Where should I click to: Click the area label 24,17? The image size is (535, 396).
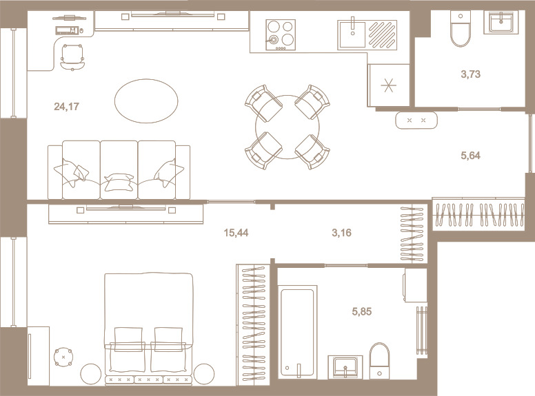click(67, 107)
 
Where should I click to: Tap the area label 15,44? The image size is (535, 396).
click(236, 233)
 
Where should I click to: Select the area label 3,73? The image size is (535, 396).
click(470, 74)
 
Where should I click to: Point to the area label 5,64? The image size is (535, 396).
click(470, 156)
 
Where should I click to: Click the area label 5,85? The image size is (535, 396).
click(362, 311)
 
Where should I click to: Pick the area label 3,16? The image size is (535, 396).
click(341, 233)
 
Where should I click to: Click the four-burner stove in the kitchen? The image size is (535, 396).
click(281, 35)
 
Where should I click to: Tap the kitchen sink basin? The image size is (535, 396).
click(352, 34)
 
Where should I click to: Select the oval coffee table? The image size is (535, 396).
click(146, 101)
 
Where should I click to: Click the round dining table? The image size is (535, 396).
click(287, 127)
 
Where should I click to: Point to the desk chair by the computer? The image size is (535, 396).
click(72, 57)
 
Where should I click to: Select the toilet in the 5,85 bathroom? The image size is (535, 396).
click(379, 361)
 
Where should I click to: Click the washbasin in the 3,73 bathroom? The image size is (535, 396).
click(501, 23)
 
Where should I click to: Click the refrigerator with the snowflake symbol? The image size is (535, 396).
click(389, 85)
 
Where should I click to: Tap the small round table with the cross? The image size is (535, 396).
click(63, 357)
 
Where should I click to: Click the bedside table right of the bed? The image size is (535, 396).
click(204, 374)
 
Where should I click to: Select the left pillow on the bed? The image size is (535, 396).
click(128, 340)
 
